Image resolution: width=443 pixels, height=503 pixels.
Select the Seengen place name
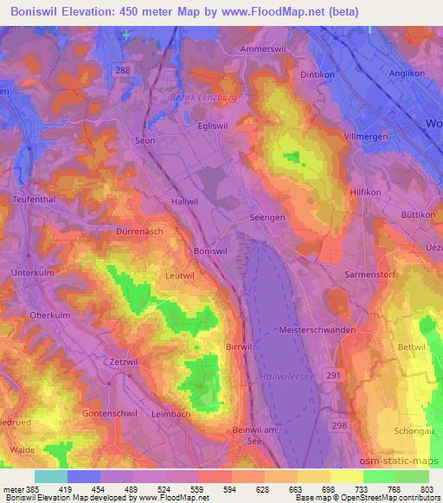[x=267, y=218]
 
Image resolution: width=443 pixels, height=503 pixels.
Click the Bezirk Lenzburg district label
[x=202, y=98]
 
